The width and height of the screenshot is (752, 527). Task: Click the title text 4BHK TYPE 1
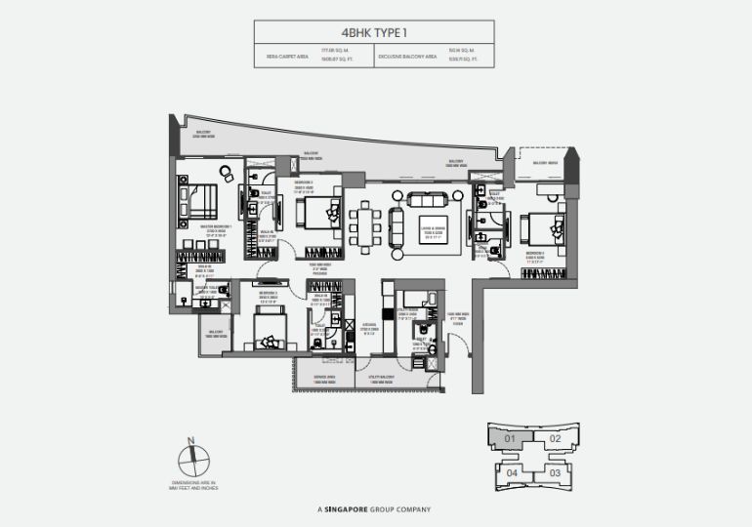pyautogui.click(x=375, y=31)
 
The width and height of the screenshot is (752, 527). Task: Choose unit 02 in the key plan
pyautogui.click(x=554, y=439)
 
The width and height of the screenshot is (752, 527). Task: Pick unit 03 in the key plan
pyautogui.click(x=554, y=472)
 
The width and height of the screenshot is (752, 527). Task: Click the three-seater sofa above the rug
pyautogui.click(x=427, y=201)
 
